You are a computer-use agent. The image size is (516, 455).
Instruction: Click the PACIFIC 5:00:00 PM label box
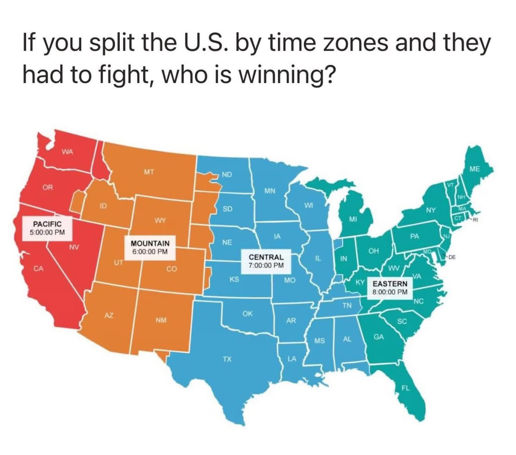[x=47, y=227]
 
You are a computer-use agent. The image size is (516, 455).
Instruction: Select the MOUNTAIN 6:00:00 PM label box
[x=150, y=247]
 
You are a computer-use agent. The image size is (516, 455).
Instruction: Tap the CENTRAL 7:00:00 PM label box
[x=266, y=261]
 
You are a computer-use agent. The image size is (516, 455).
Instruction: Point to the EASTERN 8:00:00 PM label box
[x=390, y=288]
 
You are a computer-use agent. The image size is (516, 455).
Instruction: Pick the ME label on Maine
[x=474, y=169]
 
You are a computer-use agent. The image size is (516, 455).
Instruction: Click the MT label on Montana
[x=149, y=172]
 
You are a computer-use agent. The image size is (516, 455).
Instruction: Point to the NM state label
[x=161, y=320]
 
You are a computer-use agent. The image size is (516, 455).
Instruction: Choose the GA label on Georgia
[x=378, y=337]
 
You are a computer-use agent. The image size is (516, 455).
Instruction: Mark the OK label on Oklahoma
[x=247, y=314]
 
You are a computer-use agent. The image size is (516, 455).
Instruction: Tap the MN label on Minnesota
[x=270, y=190]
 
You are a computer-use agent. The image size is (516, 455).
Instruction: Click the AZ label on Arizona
[x=109, y=315]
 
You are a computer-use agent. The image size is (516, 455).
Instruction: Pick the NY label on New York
[x=431, y=210]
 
